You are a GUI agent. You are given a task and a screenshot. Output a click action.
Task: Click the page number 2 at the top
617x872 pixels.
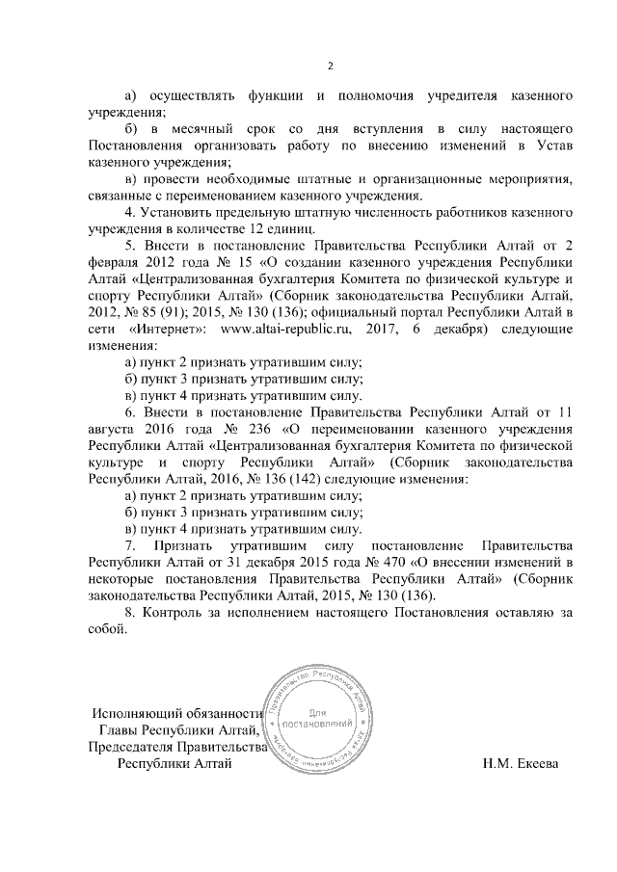[x=330, y=66]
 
